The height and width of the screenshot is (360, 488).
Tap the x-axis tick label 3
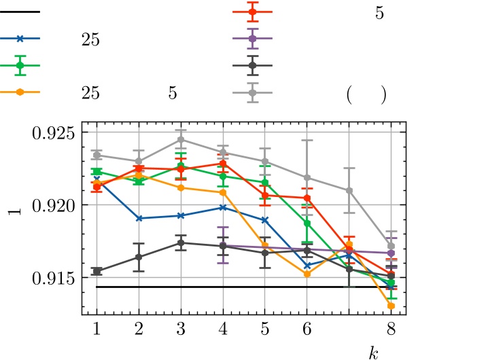(181, 329)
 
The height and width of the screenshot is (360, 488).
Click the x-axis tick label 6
(307, 329)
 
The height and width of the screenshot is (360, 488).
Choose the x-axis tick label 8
(391, 329)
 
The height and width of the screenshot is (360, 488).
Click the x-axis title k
(373, 352)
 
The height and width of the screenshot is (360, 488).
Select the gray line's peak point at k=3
(181, 139)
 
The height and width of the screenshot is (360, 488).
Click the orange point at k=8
(391, 306)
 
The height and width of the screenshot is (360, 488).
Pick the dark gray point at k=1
(97, 271)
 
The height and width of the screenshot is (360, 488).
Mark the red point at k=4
(223, 163)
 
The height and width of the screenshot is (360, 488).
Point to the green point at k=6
(307, 223)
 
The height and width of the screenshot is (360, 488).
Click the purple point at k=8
(391, 253)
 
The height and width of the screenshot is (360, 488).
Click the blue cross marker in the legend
(20, 39)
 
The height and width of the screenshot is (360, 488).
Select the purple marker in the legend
(252, 39)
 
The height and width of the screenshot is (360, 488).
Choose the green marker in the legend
(20, 65)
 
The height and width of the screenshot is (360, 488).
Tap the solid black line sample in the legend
(20, 12)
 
